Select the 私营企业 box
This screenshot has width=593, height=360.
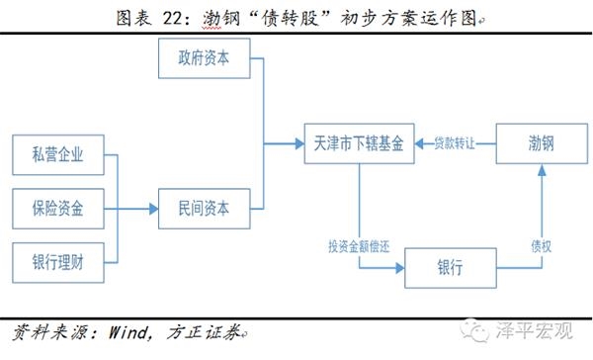tap(57, 155)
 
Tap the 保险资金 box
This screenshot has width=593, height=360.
tap(57, 209)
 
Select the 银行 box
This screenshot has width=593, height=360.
tap(450, 267)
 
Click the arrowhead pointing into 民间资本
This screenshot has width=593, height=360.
tap(153, 209)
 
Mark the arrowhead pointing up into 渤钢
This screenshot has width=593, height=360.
tap(540, 173)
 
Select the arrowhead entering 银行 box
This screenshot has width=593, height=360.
tap(399, 267)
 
